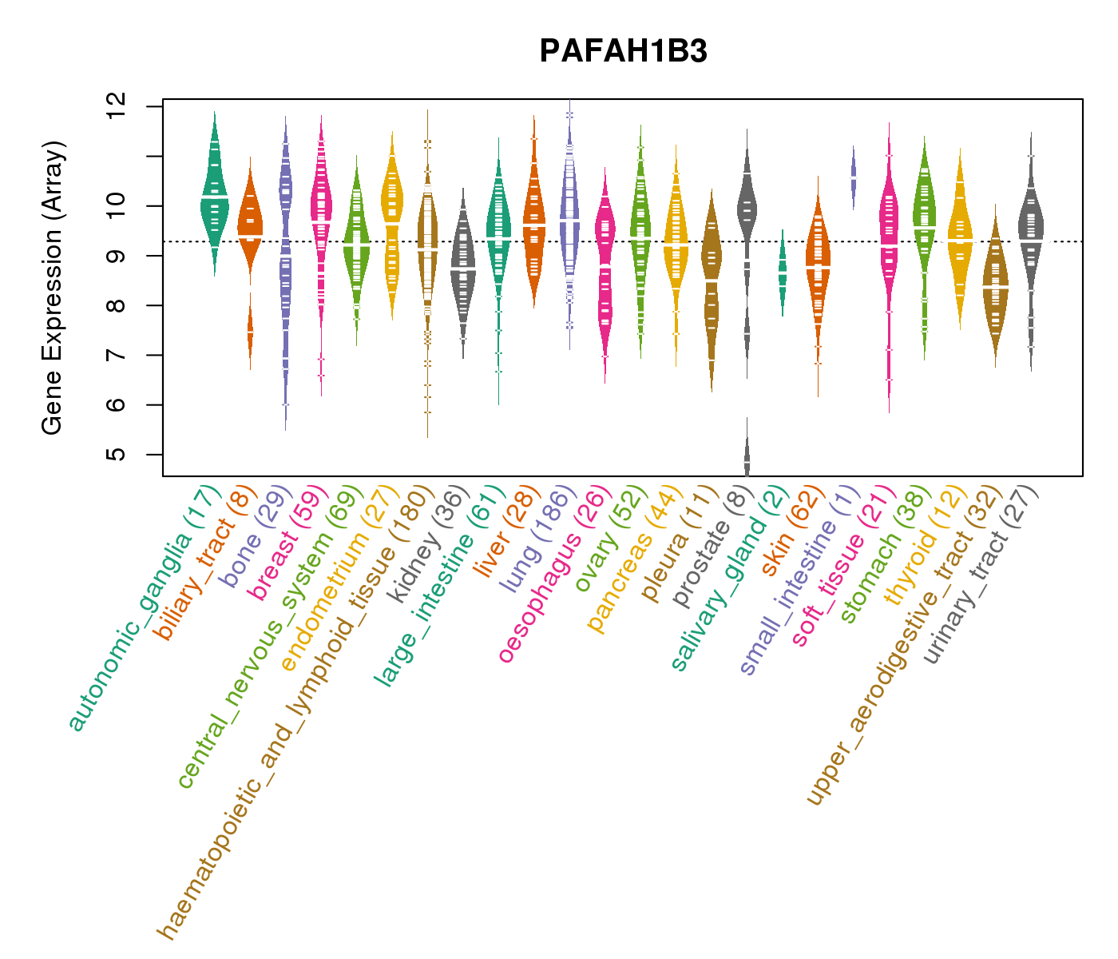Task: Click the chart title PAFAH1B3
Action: click(623, 52)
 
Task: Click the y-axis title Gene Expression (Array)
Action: click(53, 288)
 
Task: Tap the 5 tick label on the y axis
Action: click(117, 455)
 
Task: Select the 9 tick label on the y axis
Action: click(117, 256)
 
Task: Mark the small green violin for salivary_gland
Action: click(783, 272)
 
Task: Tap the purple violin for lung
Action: click(569, 216)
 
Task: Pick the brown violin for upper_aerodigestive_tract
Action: click(995, 288)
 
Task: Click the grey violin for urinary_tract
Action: click(1031, 232)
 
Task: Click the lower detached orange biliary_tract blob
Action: click(250, 332)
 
